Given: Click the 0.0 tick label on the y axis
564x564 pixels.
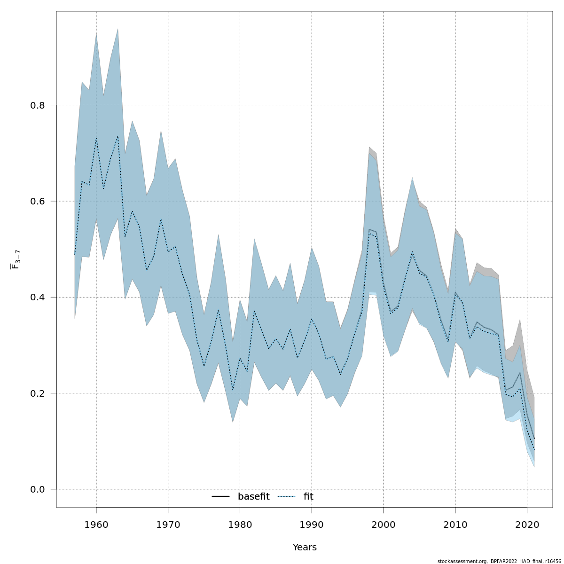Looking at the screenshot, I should point(38,489).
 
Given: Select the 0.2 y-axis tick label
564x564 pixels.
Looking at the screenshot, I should point(38,393).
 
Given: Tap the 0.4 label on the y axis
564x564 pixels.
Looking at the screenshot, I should point(38,297).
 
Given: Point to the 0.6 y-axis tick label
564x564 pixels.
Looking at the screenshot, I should point(38,201).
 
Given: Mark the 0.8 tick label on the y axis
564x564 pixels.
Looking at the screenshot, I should point(38,105).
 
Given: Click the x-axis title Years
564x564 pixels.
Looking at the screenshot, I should point(305,548).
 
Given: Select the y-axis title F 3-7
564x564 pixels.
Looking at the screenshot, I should point(15,259).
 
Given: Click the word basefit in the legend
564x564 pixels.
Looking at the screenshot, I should point(254,497).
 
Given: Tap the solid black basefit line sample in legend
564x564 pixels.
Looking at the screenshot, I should point(220,497).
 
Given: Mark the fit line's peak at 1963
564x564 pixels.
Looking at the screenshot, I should point(118,136).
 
